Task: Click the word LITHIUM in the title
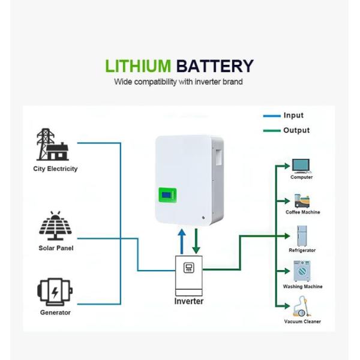[x=138, y=66]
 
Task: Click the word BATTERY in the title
[x=215, y=66]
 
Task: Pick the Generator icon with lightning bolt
[x=55, y=292]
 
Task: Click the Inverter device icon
[x=188, y=274]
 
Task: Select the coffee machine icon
[x=301, y=200]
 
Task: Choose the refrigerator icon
[x=302, y=236]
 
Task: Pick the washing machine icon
[x=301, y=271]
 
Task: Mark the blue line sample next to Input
[x=272, y=116]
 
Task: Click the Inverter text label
[x=188, y=301]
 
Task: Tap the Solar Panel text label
[x=56, y=248]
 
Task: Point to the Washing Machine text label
[x=302, y=287]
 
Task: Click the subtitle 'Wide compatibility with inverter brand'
[x=178, y=82]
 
